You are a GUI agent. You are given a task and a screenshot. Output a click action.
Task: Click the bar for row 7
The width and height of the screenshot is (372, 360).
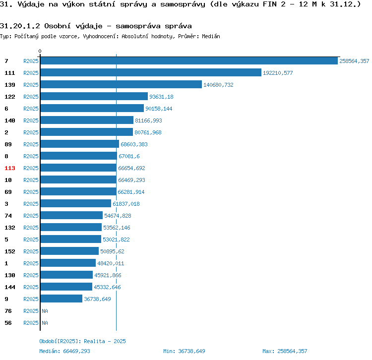tap(188, 60)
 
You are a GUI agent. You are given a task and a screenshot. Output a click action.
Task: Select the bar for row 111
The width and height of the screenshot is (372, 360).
tap(151, 72)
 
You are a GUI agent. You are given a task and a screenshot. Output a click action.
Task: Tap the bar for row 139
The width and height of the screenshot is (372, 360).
tap(121, 84)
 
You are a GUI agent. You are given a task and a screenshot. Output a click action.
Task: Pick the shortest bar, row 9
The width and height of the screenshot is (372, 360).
tap(62, 299)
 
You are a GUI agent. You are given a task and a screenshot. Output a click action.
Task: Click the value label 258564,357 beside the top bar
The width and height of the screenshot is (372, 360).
tap(354, 61)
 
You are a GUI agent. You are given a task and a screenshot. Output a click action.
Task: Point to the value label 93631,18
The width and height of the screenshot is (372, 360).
tap(161, 97)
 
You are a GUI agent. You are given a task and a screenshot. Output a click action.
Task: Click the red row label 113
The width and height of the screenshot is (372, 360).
tap(10, 168)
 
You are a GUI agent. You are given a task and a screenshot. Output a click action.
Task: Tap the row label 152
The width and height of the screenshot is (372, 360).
tap(10, 251)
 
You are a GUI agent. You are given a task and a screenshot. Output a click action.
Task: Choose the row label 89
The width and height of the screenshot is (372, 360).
tap(8, 144)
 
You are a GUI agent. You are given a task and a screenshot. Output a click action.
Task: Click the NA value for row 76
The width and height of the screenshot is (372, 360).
tap(45, 311)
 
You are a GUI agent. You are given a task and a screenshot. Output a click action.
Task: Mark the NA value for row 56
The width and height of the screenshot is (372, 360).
tap(45, 323)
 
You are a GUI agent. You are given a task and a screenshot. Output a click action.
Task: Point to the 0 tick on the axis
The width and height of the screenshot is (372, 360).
tap(40, 51)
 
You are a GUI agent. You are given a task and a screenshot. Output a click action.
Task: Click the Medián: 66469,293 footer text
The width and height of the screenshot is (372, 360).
tap(64, 351)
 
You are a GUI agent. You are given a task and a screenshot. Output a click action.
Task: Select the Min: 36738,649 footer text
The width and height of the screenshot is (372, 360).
tap(184, 351)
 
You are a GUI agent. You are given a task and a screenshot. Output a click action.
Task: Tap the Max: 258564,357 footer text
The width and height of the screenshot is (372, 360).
tap(285, 351)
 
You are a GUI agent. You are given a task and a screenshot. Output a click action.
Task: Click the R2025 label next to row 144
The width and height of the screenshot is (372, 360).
tap(31, 287)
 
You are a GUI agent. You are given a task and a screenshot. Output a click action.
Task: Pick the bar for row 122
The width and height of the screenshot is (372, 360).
tap(94, 96)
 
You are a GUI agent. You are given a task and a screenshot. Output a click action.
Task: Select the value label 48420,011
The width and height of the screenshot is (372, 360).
tap(111, 263)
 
